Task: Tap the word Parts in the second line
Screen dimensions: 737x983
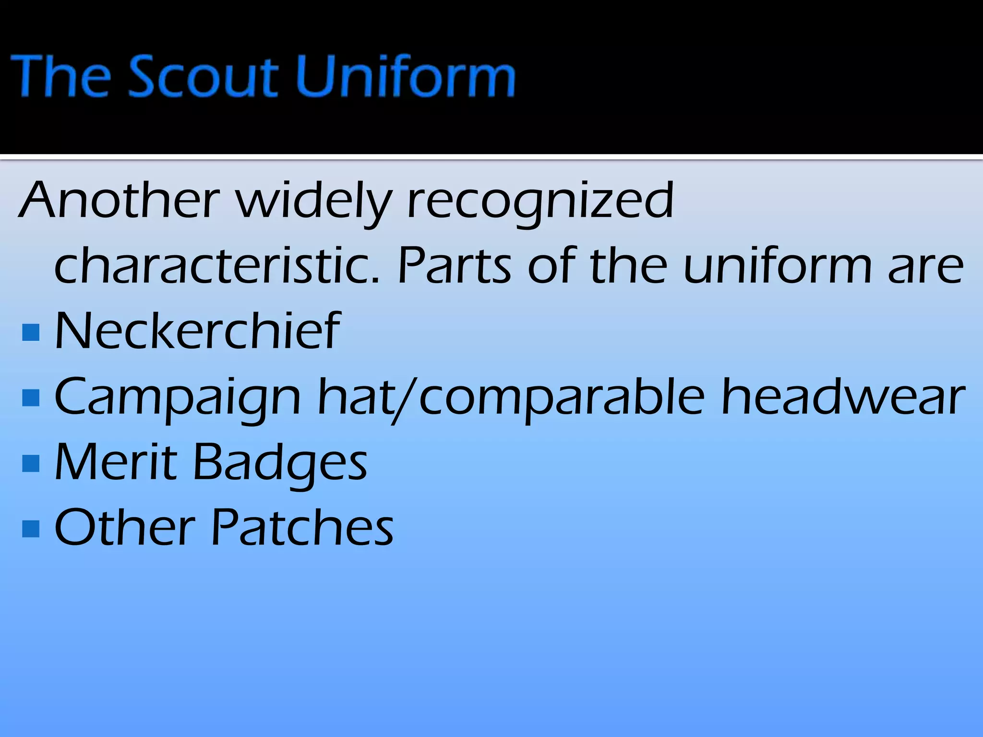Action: [454, 265]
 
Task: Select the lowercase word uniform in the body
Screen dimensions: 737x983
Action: [777, 265]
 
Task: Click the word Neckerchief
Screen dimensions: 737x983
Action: [197, 331]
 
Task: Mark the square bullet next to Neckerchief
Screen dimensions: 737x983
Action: [31, 332]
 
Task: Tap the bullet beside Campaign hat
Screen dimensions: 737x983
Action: [31, 398]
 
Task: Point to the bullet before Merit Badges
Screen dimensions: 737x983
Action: [31, 463]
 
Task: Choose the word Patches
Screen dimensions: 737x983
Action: [302, 527]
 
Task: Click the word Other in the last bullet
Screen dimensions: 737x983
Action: [125, 527]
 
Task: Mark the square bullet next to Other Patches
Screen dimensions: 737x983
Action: [31, 529]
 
